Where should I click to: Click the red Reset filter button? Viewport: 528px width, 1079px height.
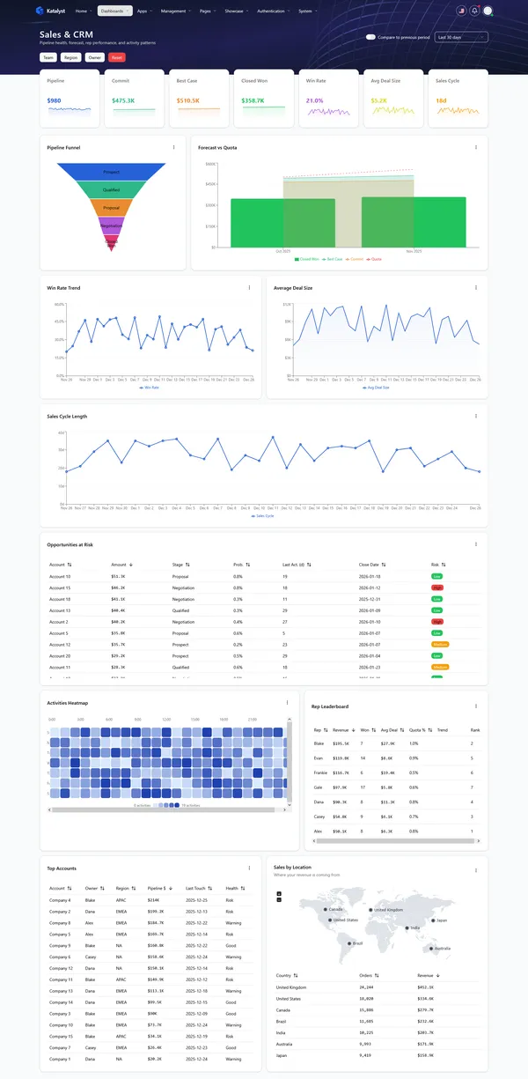click(117, 57)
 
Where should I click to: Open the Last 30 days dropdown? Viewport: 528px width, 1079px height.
click(461, 37)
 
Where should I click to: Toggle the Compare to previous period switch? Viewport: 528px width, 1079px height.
click(370, 37)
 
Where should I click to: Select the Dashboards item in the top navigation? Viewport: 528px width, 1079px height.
click(114, 11)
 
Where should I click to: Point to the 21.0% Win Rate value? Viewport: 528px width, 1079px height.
click(314, 100)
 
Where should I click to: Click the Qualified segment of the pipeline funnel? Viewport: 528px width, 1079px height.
click(111, 189)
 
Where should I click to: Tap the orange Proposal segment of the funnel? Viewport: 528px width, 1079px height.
click(111, 208)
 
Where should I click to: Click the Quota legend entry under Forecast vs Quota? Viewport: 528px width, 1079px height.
click(376, 259)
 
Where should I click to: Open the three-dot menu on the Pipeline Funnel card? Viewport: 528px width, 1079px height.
click(173, 147)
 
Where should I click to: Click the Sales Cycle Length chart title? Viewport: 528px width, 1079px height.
click(67, 416)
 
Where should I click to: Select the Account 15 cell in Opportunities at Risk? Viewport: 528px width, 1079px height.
click(60, 587)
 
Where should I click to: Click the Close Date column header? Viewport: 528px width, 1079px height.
click(370, 564)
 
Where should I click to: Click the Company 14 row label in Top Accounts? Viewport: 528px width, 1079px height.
click(60, 1002)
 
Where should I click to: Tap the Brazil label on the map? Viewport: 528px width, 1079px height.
click(356, 943)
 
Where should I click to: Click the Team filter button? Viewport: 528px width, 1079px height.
click(48, 57)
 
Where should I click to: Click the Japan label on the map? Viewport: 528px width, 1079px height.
click(442, 920)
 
